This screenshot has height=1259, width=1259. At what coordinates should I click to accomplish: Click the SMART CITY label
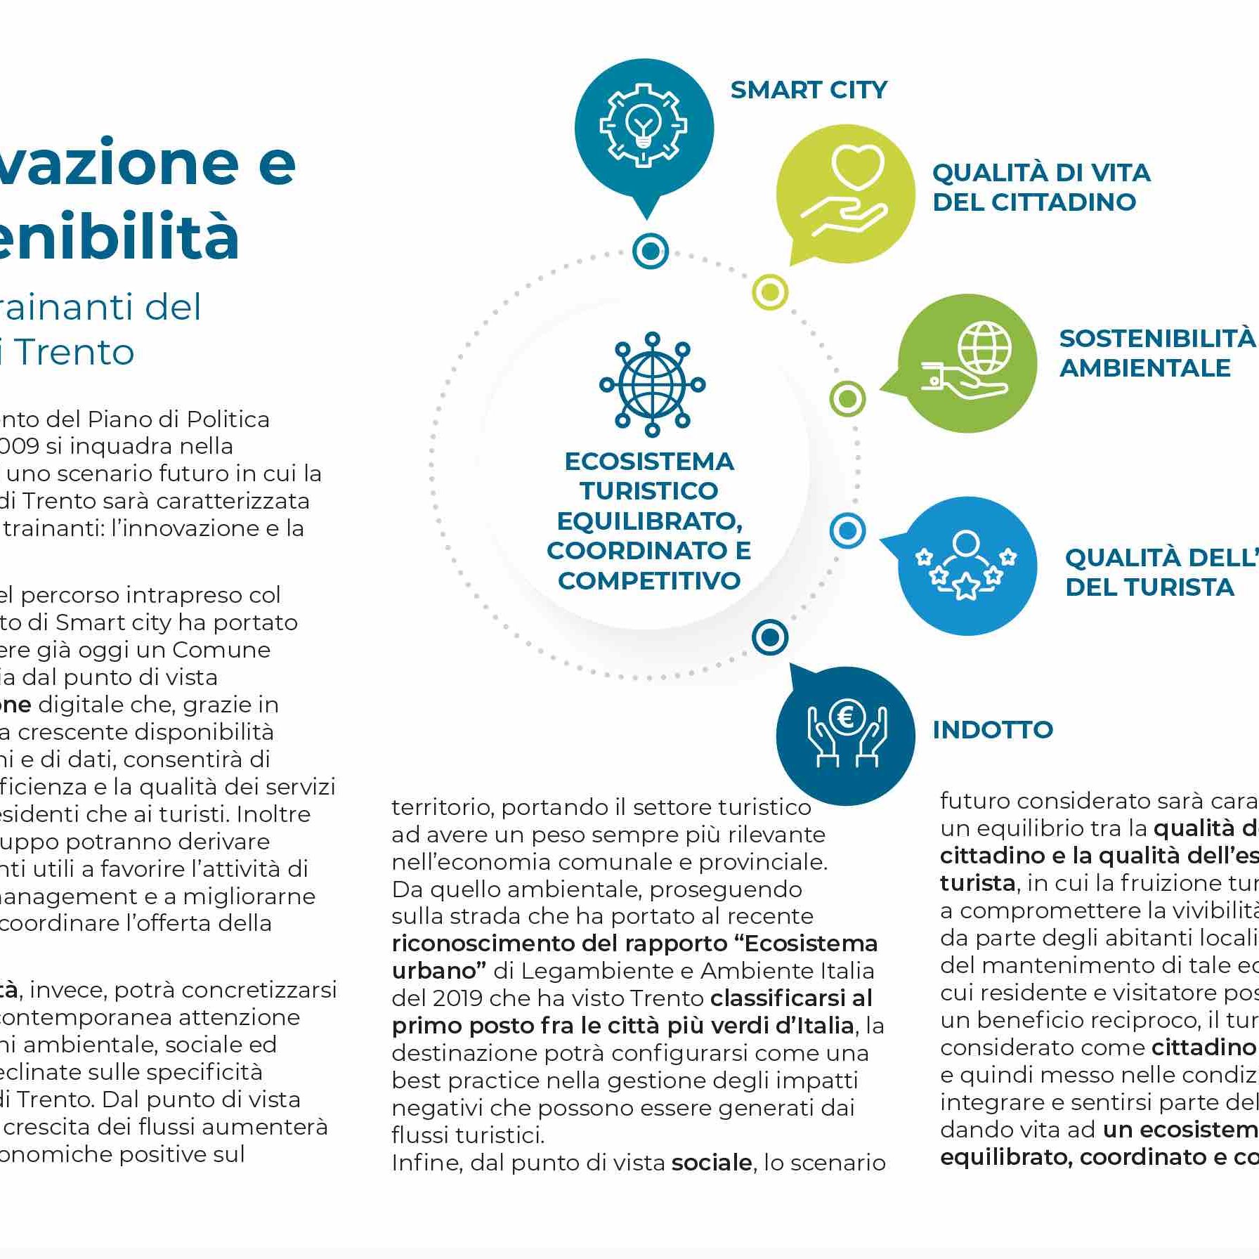[809, 90]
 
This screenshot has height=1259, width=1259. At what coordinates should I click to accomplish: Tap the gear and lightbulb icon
[644, 126]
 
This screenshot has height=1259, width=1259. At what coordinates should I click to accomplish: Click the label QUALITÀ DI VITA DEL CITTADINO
[1041, 187]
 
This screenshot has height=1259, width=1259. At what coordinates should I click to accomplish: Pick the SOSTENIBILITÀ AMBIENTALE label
[1156, 353]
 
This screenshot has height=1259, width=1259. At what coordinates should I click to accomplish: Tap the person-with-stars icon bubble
[967, 566]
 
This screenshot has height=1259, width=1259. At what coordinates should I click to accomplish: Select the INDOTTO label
[992, 729]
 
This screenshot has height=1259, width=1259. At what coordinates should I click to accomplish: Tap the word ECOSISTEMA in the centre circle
[649, 462]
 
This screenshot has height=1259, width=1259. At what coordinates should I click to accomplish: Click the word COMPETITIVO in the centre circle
[649, 580]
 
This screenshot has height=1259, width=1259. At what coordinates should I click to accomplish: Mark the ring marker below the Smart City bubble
[650, 250]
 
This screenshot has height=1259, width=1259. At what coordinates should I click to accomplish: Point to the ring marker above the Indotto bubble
[770, 637]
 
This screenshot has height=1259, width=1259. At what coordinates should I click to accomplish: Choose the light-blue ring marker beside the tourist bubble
[847, 530]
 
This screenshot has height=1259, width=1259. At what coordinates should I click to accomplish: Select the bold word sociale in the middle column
[711, 1162]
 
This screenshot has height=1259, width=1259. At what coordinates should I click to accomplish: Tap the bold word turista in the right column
[977, 882]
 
